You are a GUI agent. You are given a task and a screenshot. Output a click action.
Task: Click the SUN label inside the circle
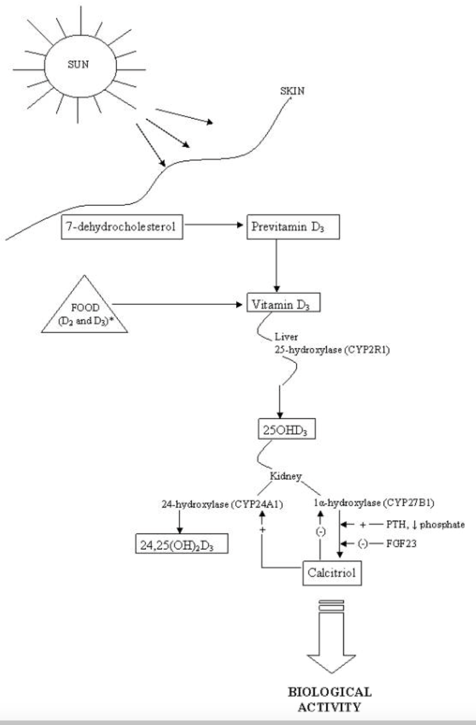tap(78, 64)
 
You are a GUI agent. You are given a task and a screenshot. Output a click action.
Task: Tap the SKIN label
tap(292, 91)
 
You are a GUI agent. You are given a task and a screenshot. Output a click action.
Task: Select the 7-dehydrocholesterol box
tap(122, 227)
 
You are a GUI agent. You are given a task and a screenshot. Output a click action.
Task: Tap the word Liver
tap(286, 337)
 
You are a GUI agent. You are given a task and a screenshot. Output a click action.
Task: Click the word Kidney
tap(286, 476)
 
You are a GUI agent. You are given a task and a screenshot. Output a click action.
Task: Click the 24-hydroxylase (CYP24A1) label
tap(222, 504)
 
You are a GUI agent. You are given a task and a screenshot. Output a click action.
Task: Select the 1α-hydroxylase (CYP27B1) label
tap(374, 503)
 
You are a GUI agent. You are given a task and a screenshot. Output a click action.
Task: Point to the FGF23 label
tap(401, 543)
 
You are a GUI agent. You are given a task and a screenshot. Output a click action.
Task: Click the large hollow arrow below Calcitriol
tap(331, 638)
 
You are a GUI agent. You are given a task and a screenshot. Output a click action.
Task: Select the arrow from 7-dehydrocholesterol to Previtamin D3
tap(214, 224)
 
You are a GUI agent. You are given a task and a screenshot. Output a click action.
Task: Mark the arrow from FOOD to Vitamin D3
tap(177, 304)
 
